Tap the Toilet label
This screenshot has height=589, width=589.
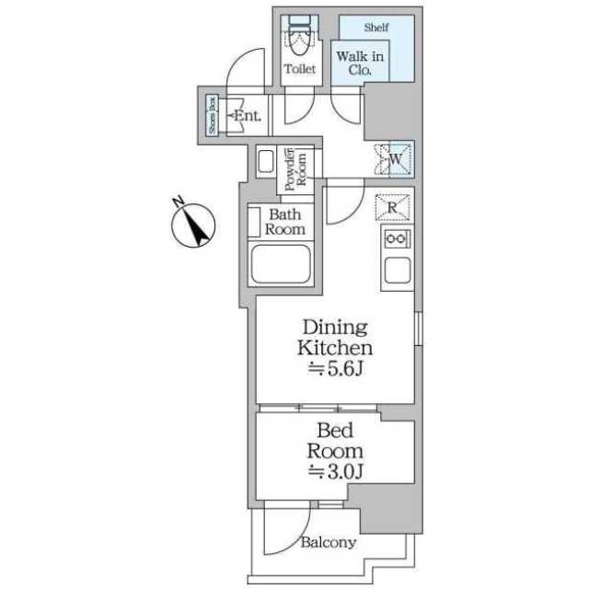(300, 69)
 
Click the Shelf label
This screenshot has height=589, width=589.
(376, 28)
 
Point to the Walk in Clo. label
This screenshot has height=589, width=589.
(360, 64)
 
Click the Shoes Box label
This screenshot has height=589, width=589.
(212, 116)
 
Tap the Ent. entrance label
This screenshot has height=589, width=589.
(246, 116)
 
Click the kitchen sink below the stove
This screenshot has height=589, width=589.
(398, 272)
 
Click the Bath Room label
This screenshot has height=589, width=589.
(285, 222)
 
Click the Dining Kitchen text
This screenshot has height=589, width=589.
(334, 338)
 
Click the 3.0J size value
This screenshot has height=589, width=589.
(335, 473)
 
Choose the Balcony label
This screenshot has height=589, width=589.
(328, 542)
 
